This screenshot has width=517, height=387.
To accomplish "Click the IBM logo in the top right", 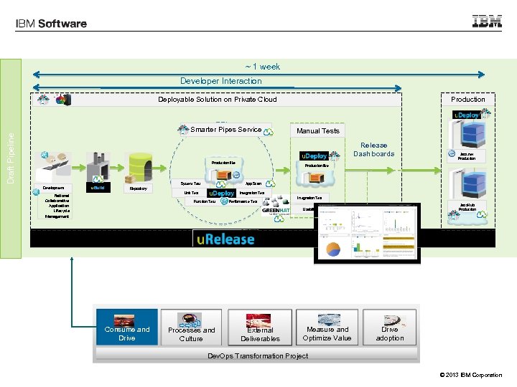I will (487, 21).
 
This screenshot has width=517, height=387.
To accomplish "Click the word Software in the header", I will (62, 24).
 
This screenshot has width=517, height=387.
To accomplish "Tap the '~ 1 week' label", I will (263, 67).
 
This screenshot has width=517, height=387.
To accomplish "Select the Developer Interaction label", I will (221, 81).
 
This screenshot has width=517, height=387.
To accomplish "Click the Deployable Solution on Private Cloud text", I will (218, 100).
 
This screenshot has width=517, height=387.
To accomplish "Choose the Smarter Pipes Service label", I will (226, 130).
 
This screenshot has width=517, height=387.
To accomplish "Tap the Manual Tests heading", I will (318, 131).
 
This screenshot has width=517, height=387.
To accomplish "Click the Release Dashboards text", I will (373, 149).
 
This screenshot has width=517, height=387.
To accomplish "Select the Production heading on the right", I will (468, 100).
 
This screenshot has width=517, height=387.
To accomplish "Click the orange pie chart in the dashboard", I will (334, 249).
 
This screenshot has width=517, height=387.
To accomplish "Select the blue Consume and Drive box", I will (127, 328).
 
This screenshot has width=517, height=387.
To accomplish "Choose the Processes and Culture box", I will (191, 328).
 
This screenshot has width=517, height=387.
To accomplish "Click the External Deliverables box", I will (260, 328).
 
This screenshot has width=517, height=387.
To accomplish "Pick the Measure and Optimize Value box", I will (327, 328).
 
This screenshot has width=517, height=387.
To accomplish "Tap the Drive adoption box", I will (390, 328).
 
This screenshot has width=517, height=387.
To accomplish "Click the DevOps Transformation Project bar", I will (258, 355).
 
